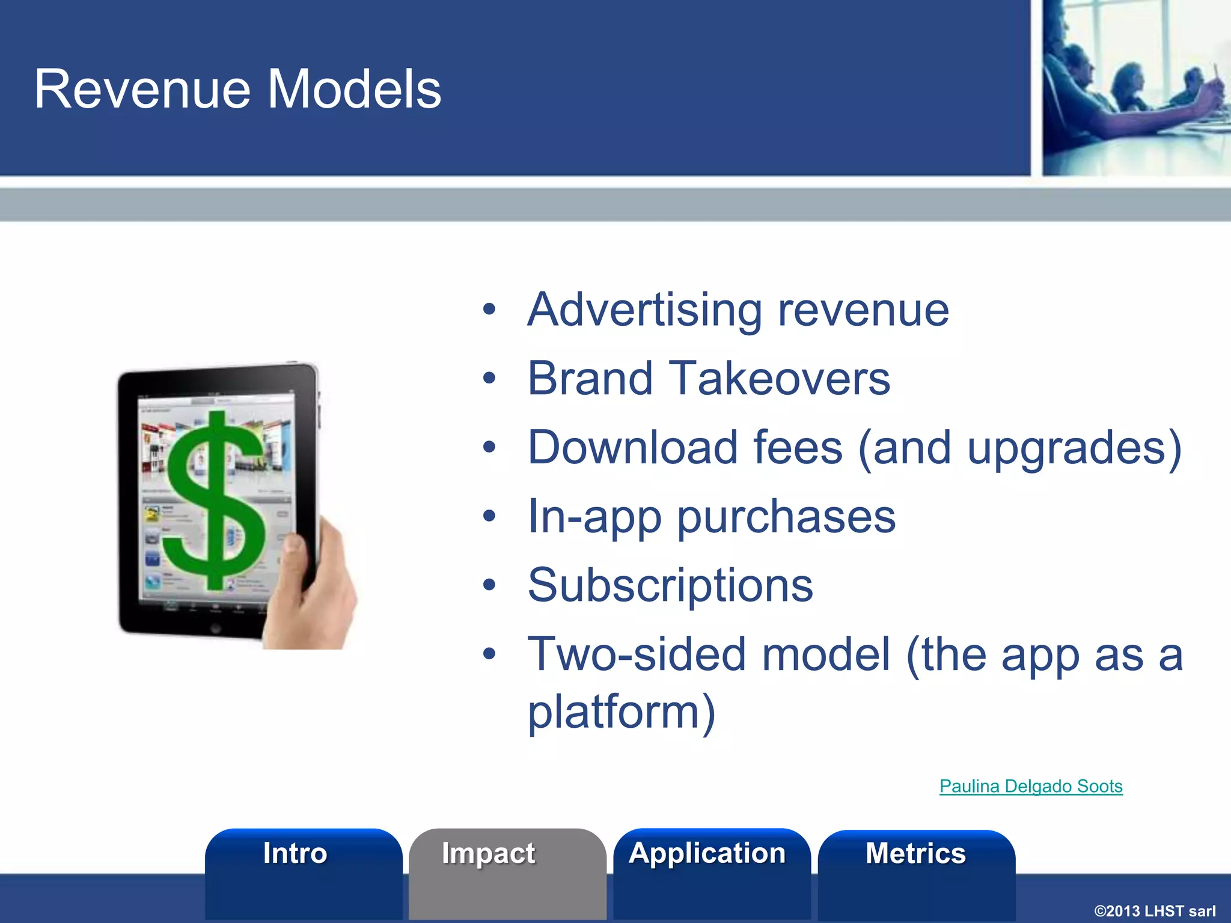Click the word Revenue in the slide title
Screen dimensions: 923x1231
click(142, 90)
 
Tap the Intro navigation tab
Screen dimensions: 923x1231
click(295, 854)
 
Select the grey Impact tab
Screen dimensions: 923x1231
click(489, 854)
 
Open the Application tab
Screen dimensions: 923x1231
click(707, 854)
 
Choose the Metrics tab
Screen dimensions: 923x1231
click(915, 854)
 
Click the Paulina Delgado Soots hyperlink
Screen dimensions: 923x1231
click(1030, 786)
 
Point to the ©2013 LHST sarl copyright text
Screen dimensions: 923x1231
click(1154, 911)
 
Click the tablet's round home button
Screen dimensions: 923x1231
click(215, 629)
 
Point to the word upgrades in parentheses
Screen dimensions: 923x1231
click(1067, 449)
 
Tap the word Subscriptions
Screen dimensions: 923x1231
click(670, 586)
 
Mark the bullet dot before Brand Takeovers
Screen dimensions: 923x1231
click(490, 379)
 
